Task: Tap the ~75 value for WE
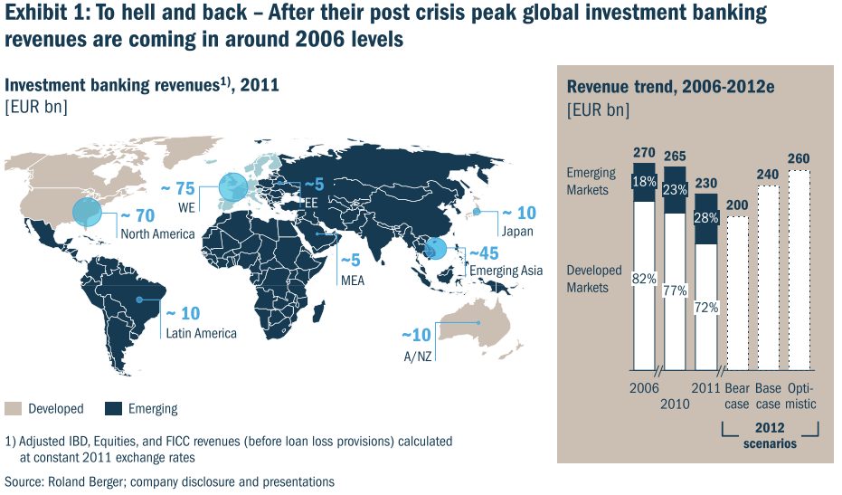(177, 188)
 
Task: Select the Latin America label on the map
(201, 333)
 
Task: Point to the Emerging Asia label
(505, 271)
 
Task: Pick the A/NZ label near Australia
(416, 355)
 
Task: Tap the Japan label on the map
(517, 231)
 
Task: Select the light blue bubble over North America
(88, 212)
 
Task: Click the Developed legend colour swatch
(13, 408)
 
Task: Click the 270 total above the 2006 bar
(644, 153)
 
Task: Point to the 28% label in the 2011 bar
(706, 218)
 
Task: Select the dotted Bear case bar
(738, 293)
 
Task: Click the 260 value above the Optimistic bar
(799, 158)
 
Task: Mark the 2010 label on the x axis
(675, 404)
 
